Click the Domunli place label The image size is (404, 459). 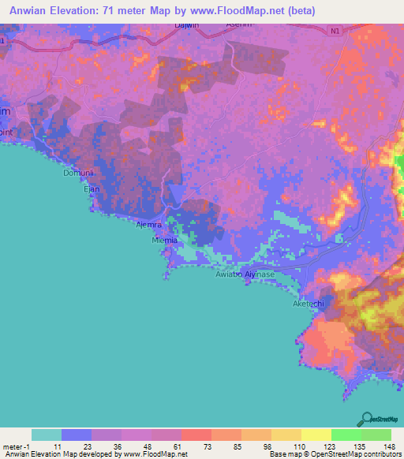(x=79, y=172)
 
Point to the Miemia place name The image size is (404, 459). (x=166, y=241)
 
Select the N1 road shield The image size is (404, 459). (x=335, y=31)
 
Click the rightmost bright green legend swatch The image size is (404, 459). (x=376, y=435)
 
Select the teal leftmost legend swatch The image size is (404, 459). (x=47, y=435)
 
